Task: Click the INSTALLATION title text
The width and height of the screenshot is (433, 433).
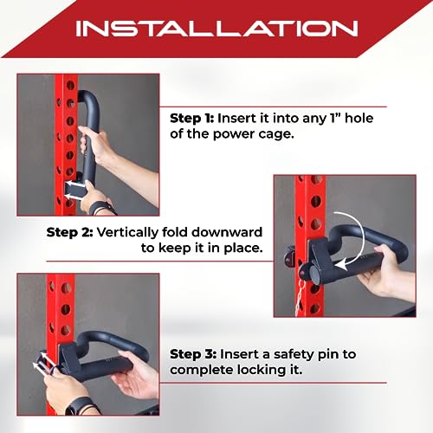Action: (216, 28)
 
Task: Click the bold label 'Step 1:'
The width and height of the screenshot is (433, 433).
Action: (191, 119)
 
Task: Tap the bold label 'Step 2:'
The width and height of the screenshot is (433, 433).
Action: (69, 232)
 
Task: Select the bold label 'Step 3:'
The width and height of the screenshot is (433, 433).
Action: (193, 354)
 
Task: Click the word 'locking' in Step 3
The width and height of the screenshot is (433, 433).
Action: (262, 371)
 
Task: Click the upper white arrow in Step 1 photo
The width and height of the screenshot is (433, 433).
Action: (73, 184)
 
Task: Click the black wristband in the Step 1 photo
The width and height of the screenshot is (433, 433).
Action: (101, 208)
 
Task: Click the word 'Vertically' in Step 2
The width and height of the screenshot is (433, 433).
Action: (127, 233)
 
